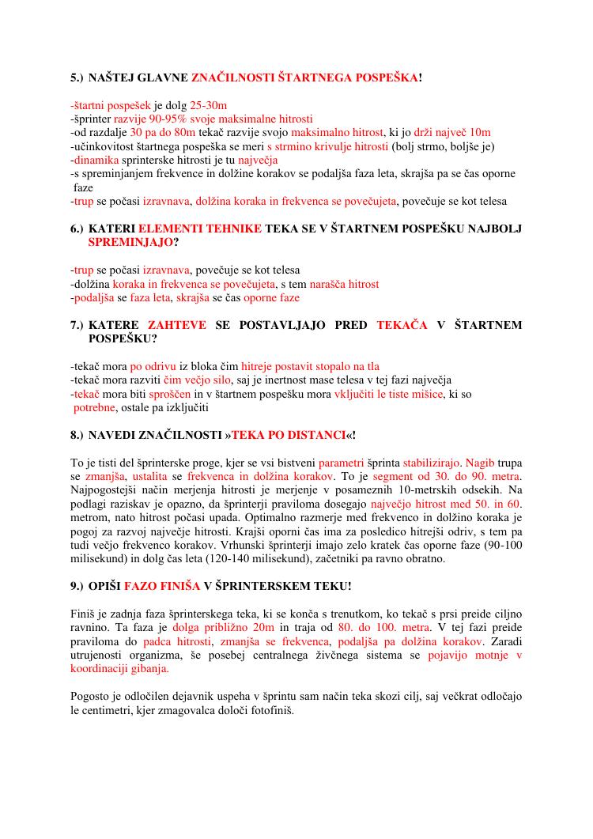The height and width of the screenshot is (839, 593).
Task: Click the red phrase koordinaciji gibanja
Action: [119, 669]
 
